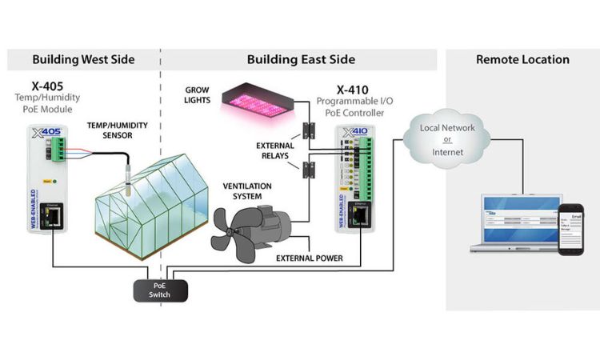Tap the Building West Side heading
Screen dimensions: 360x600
(x=83, y=59)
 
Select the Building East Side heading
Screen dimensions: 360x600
(x=301, y=59)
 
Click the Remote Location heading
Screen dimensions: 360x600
(x=522, y=59)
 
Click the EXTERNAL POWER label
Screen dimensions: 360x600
(x=310, y=258)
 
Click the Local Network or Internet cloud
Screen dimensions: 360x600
(x=447, y=139)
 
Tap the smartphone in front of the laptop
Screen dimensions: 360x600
(x=572, y=230)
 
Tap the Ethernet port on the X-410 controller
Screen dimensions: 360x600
(x=362, y=214)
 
